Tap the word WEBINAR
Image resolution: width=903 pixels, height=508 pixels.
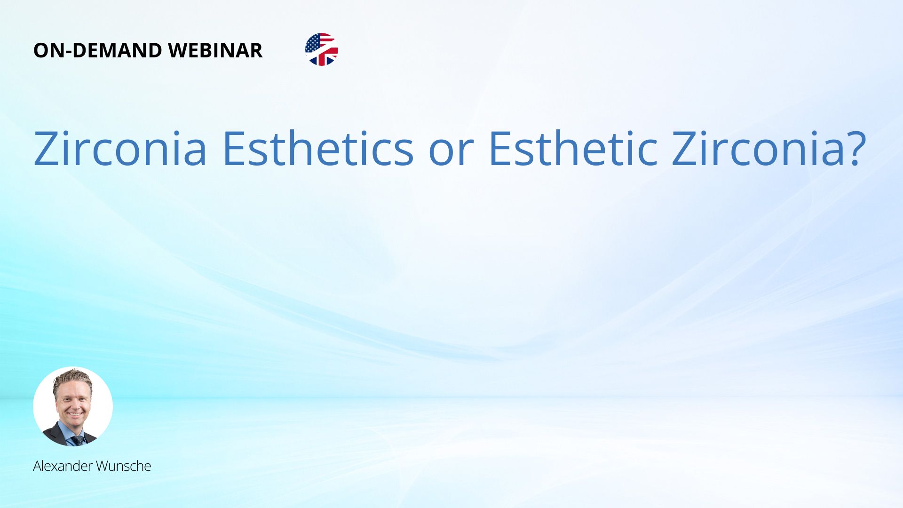pyautogui.click(x=215, y=50)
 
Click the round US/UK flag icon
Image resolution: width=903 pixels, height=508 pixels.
pyautogui.click(x=322, y=49)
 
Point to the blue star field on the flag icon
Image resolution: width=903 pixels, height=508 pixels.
pyautogui.click(x=313, y=44)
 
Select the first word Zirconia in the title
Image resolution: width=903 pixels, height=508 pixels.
pyautogui.click(x=120, y=148)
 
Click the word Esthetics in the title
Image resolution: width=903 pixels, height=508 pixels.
pyautogui.click(x=318, y=148)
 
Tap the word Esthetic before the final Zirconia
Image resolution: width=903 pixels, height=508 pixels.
pyautogui.click(x=573, y=148)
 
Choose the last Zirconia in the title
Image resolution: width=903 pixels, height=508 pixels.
pyautogui.click(x=759, y=148)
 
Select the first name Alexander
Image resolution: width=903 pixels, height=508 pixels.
pyautogui.click(x=63, y=466)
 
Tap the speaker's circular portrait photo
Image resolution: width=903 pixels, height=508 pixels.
pyautogui.click(x=73, y=406)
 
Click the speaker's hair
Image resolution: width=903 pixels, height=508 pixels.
pyautogui.click(x=72, y=378)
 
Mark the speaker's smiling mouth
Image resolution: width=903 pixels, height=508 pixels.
pyautogui.click(x=74, y=414)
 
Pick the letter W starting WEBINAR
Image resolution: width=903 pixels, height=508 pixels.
pyautogui.click(x=179, y=50)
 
